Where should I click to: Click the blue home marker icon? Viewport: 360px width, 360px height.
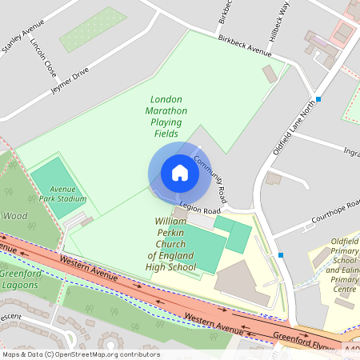(x=179, y=173)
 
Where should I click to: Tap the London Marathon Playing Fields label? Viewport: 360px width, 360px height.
(x=166, y=117)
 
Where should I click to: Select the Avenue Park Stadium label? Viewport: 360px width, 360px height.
(x=62, y=194)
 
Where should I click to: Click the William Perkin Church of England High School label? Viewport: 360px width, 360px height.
(x=171, y=243)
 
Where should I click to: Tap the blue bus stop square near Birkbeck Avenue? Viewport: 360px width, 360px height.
(x=318, y=99)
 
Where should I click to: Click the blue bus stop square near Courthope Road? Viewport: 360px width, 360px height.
(x=281, y=255)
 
